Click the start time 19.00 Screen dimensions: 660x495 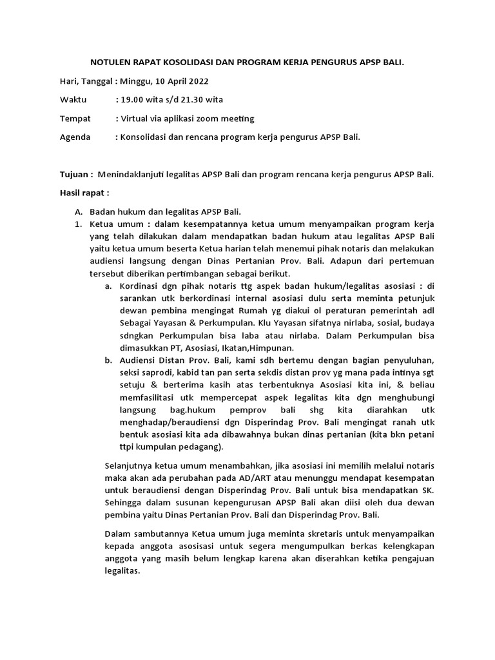[129, 100]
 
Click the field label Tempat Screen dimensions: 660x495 [75, 119]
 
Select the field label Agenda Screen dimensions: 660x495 [77, 137]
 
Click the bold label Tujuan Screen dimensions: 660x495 [76, 175]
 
